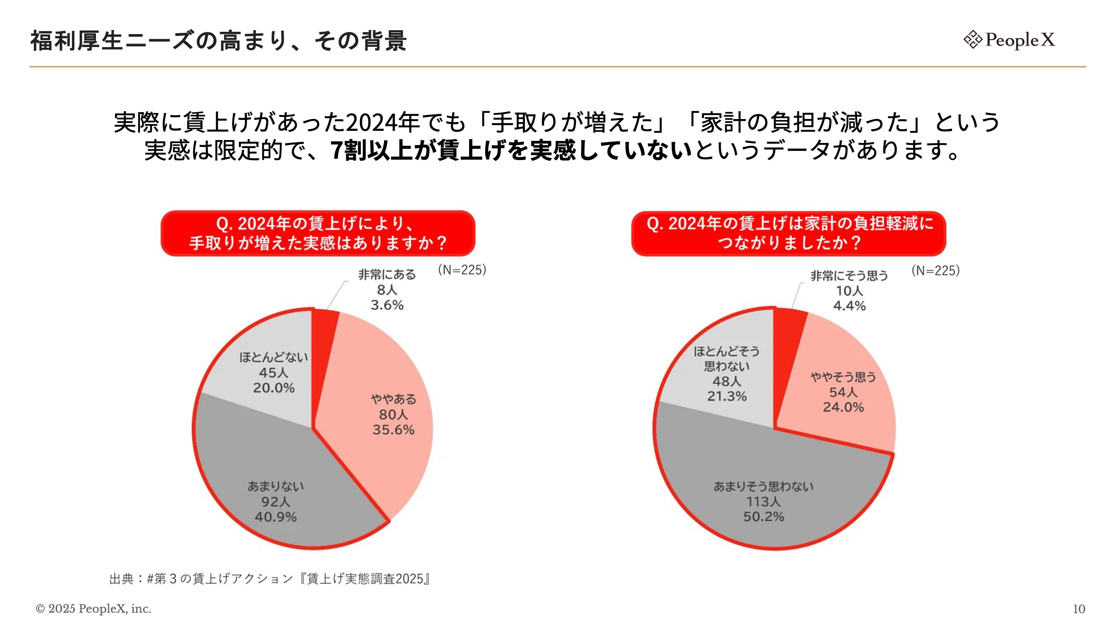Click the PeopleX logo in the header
point(1010,40)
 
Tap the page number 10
point(1079,609)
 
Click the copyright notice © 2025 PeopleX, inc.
point(93,608)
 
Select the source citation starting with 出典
point(270,579)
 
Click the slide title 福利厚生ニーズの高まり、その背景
point(218,41)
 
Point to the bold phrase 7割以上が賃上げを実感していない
point(511,150)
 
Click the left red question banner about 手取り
point(318,233)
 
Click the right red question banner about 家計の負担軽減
point(789,233)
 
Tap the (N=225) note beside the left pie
point(462,270)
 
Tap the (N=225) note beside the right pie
point(936,271)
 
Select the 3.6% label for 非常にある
point(387,305)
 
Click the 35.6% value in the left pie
point(393,430)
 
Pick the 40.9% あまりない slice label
point(276,517)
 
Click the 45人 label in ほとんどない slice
point(274,372)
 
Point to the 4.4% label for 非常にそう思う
point(849,306)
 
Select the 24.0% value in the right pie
point(843,407)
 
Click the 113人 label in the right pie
point(763,502)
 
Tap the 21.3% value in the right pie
point(727,396)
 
